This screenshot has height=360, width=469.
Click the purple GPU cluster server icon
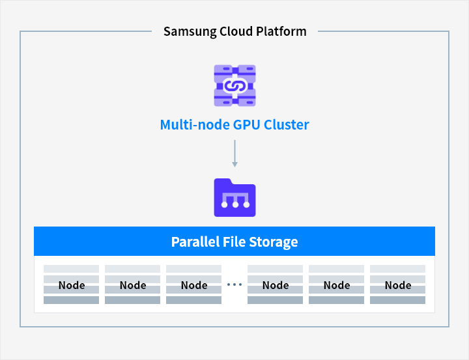tap(234, 85)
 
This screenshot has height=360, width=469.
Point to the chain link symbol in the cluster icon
tap(234, 85)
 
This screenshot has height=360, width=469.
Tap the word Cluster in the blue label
tap(287, 124)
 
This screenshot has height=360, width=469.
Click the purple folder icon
tap(234, 197)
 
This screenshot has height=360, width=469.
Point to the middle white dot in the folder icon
tap(234, 205)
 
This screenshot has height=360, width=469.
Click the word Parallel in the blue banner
tap(195, 242)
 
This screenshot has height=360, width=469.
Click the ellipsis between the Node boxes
tap(234, 284)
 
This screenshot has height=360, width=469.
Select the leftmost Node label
tap(72, 285)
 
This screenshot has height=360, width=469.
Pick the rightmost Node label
tap(397, 285)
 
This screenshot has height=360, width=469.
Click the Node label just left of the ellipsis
tap(194, 285)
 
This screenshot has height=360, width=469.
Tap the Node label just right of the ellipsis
tap(276, 285)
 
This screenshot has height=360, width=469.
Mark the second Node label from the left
tap(133, 285)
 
